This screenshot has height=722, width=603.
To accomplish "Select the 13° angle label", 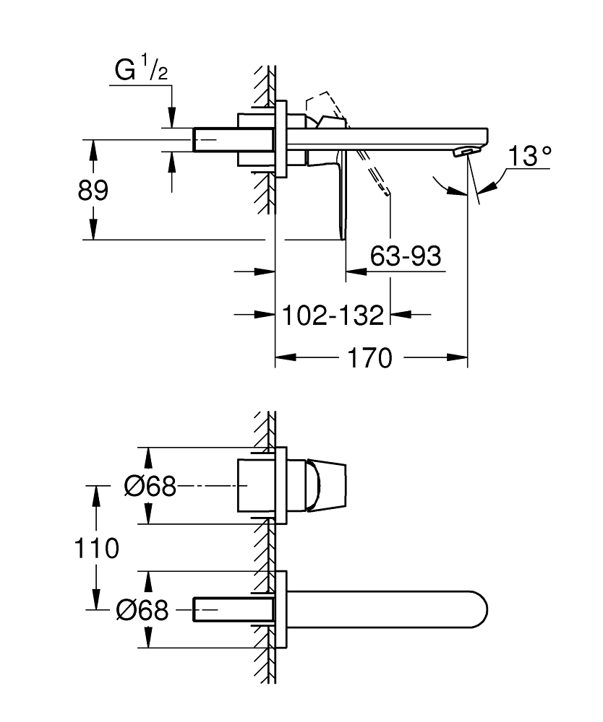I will (x=529, y=156).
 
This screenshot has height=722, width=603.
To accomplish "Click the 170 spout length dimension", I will (x=369, y=357).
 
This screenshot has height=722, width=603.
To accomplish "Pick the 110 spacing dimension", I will (x=96, y=548).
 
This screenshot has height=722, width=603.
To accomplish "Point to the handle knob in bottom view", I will (x=327, y=486).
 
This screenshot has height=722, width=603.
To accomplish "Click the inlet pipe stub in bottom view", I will (x=217, y=610).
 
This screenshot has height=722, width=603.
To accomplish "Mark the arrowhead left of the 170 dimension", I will (x=283, y=357).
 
